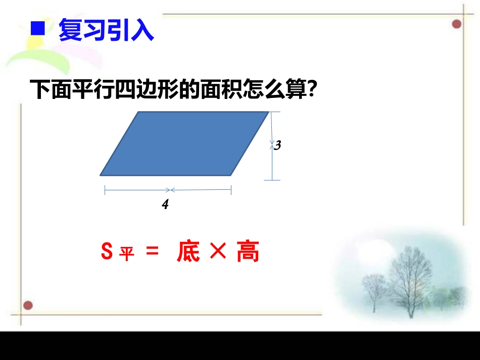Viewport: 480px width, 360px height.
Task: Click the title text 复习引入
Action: tap(106, 30)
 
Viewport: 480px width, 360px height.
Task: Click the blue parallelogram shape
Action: tap(184, 144)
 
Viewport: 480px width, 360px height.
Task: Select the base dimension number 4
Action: tap(165, 205)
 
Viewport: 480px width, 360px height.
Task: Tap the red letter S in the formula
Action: tap(107, 251)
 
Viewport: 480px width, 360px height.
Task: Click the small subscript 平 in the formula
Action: tap(127, 254)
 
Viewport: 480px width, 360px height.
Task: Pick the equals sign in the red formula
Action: tap(152, 251)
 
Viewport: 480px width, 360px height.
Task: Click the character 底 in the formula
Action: tap(188, 251)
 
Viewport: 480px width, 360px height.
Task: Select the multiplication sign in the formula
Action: tap(217, 251)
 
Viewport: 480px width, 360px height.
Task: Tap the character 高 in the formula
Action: tap(248, 251)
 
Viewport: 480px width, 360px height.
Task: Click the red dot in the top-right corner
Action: tap(457, 24)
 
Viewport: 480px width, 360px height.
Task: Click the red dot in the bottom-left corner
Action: tap(28, 305)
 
